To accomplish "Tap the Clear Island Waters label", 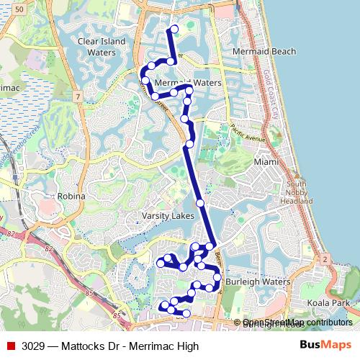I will (x=102, y=47).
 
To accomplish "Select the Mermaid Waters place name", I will (x=178, y=83).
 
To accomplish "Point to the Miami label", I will (x=266, y=162).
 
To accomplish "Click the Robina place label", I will (x=71, y=196).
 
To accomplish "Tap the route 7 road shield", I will (x=76, y=96).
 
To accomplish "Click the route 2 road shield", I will (x=325, y=258).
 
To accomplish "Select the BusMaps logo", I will (x=325, y=346).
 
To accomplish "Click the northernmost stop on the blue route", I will (x=174, y=30).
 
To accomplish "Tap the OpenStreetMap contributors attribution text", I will (x=297, y=323).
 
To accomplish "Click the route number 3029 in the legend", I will (x=33, y=346).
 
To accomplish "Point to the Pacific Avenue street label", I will (x=248, y=133).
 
